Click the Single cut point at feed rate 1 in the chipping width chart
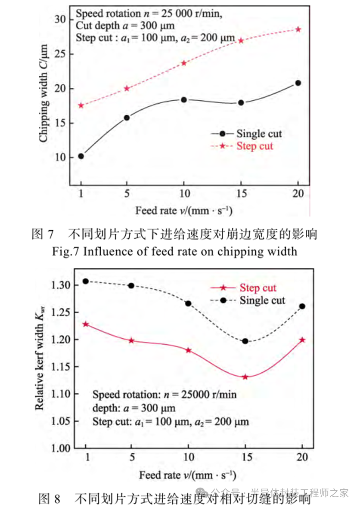[81, 156]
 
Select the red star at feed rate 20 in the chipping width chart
[298, 29]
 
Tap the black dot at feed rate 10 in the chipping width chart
[184, 99]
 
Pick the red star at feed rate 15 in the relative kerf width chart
[245, 377]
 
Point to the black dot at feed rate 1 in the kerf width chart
[86, 281]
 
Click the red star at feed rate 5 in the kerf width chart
[131, 340]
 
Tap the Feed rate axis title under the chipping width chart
[186, 211]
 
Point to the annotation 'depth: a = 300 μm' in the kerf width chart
[134, 407]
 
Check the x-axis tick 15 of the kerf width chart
[245, 457]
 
